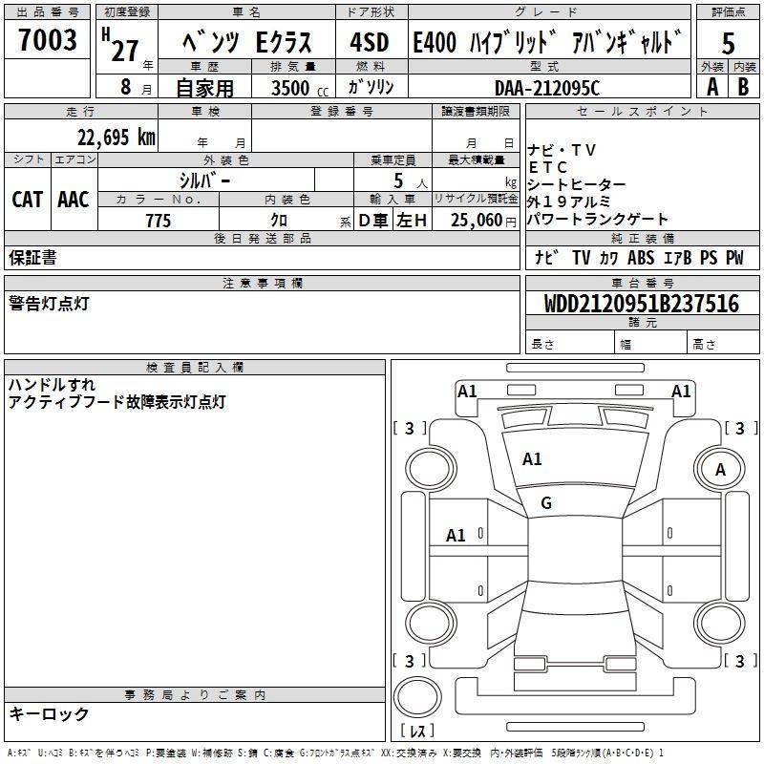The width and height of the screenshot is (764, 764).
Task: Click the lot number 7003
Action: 48,41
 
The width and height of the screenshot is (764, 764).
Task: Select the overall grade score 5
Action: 728,43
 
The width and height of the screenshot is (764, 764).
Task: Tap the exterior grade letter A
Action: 711,86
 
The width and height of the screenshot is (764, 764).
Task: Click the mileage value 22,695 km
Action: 117,137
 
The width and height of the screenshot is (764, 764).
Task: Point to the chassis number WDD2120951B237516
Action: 642,304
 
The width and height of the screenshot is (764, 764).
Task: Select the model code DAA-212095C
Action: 547,87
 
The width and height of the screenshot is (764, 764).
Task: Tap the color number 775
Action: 159,221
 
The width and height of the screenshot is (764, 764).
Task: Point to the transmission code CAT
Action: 28,199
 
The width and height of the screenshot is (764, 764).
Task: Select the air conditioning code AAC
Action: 74,199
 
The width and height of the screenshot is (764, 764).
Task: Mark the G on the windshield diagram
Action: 546,502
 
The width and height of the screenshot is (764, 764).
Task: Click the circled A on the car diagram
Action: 721,469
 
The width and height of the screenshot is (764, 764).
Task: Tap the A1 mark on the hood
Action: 532,459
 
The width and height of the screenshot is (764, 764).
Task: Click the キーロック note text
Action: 49,713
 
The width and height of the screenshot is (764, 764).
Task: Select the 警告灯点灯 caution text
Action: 49,303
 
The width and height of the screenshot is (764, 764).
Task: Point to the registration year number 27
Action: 125,50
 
